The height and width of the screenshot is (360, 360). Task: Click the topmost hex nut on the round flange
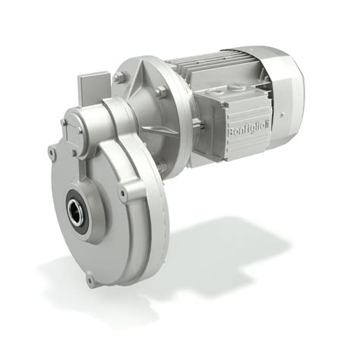point(118,77)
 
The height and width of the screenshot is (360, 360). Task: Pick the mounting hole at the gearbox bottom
point(90,280)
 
